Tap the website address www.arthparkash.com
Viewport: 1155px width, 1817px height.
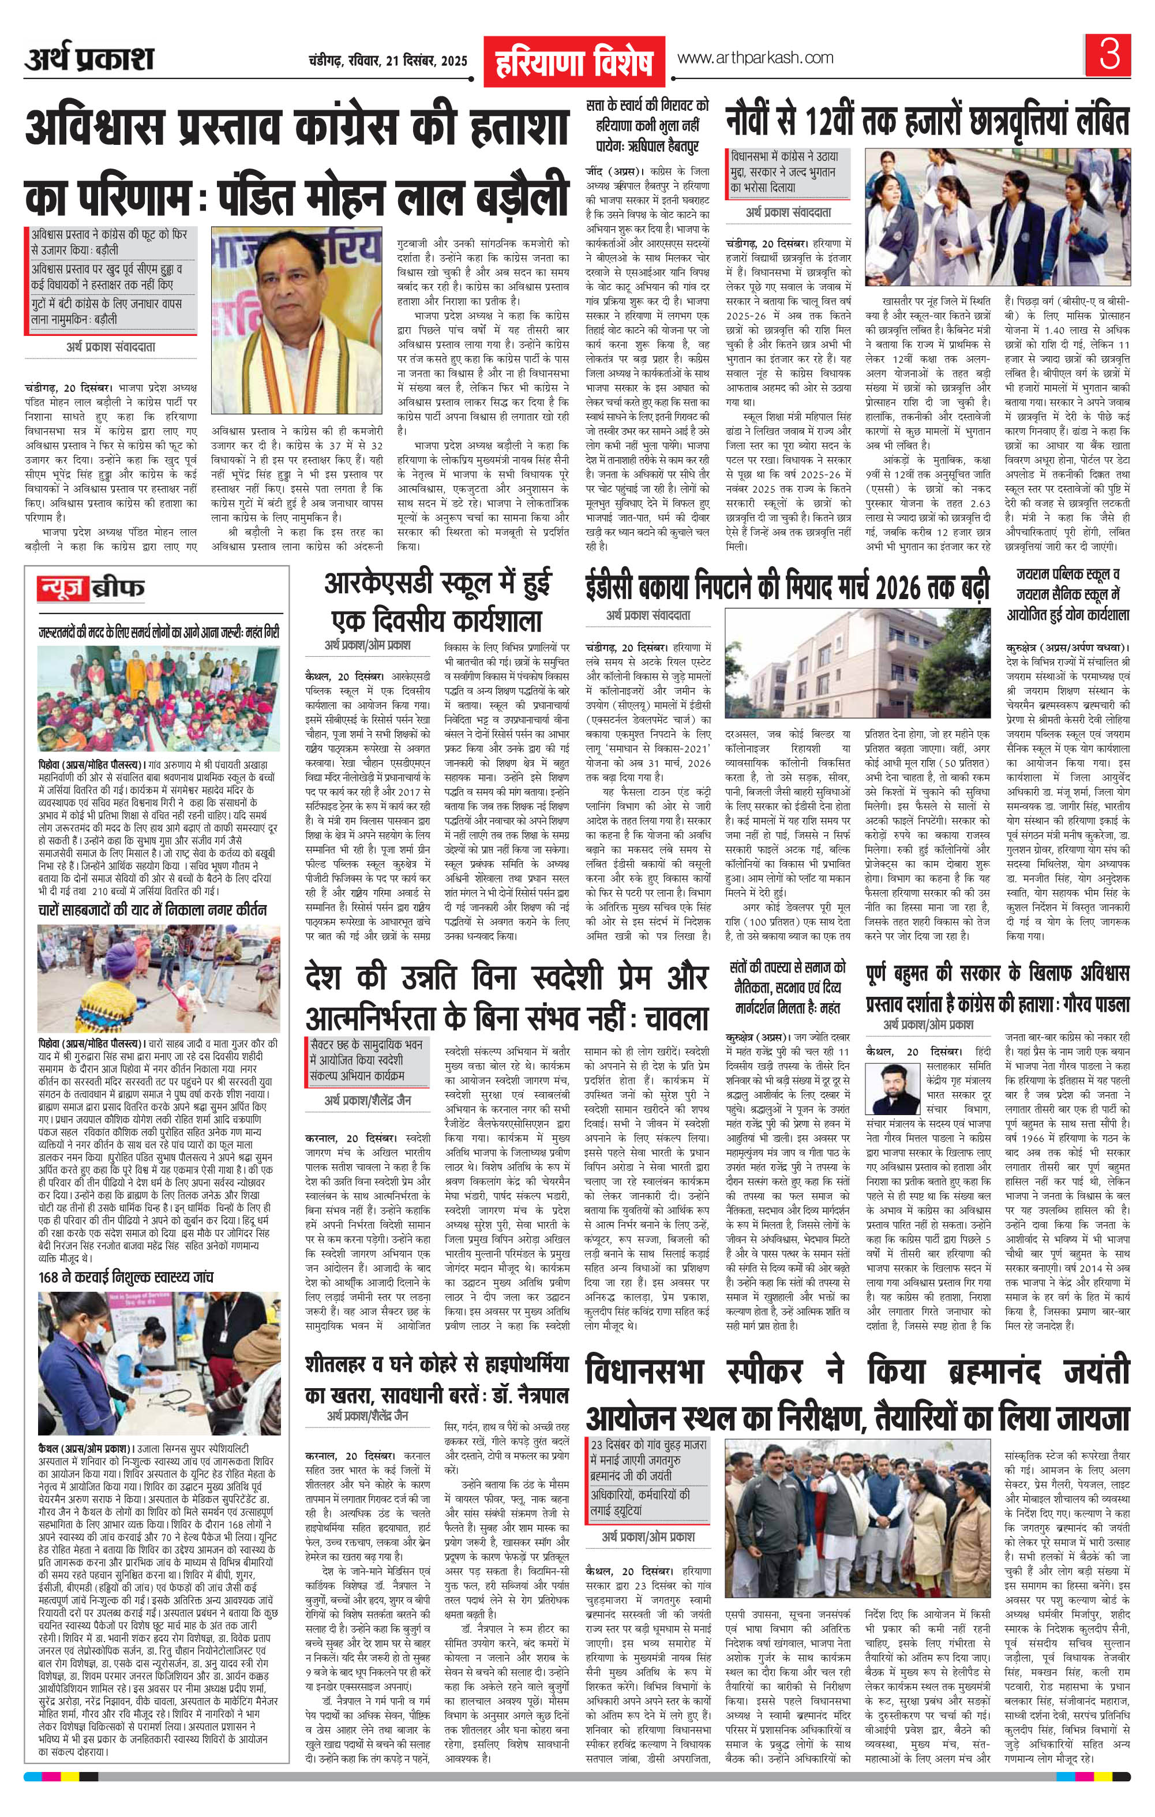click(x=755, y=57)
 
